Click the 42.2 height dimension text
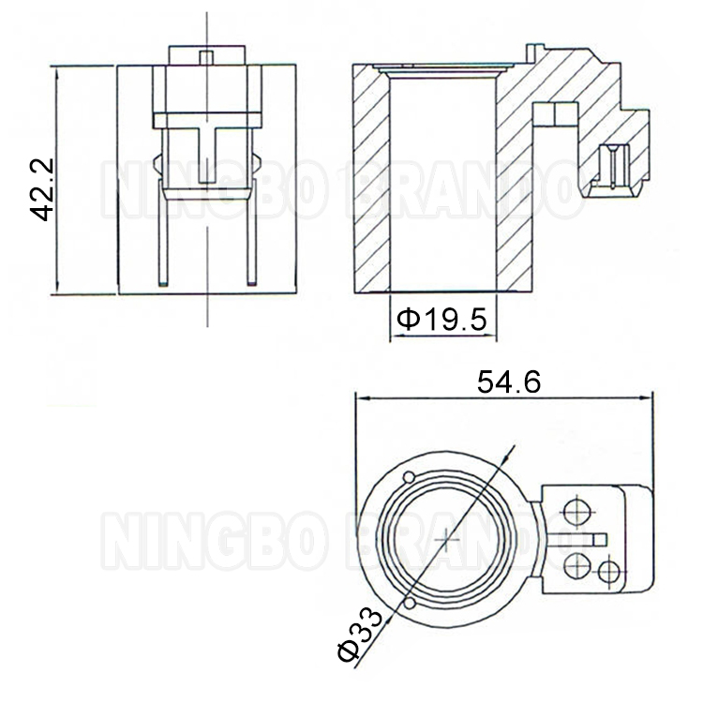point(41,188)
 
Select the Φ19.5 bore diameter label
point(441,321)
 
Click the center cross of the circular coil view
point(448,541)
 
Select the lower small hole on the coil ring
point(411,604)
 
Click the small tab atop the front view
point(206,55)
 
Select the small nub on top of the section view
point(535,50)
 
